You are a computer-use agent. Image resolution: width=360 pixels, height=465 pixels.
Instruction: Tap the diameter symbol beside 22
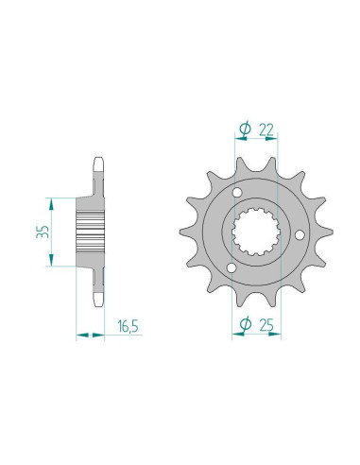pyautogui.click(x=245, y=129)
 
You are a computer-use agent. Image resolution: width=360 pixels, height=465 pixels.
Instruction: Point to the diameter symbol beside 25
pyautogui.click(x=245, y=326)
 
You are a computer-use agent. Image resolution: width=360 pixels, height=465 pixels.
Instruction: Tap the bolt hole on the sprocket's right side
pyautogui.click(x=300, y=234)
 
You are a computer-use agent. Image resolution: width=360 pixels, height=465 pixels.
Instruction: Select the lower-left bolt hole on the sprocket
pyautogui.click(x=232, y=273)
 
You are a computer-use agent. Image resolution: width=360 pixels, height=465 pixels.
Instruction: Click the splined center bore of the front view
pyautogui.click(x=255, y=234)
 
